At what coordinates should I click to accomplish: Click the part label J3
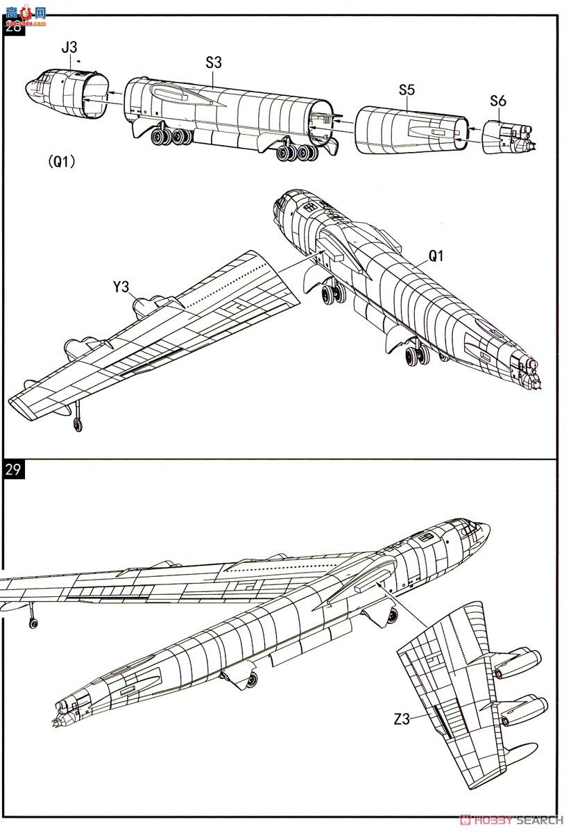pos(69,47)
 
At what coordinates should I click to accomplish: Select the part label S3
pos(214,62)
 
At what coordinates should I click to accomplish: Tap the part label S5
pos(407,90)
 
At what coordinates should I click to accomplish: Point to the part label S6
pos(497,100)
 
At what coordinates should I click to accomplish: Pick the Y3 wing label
pos(122,286)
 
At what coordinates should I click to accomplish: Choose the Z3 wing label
pos(402,719)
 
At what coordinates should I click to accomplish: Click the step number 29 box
pos(13,469)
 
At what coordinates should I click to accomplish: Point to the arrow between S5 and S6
pos(474,130)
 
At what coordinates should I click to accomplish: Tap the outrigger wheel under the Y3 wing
pos(78,425)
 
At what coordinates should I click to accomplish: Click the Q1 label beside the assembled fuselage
pos(435,255)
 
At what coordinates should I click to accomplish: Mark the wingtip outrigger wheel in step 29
pos(33,623)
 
